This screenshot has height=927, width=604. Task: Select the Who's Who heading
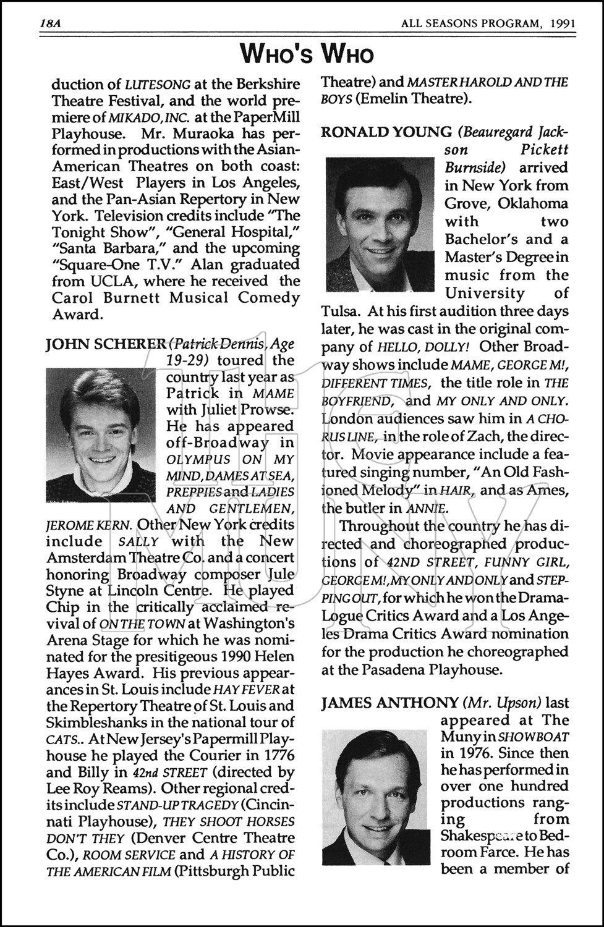(x=307, y=54)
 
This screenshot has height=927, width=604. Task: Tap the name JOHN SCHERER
(x=106, y=345)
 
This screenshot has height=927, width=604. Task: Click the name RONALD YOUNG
(x=386, y=132)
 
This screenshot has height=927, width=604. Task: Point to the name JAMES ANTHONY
(x=389, y=703)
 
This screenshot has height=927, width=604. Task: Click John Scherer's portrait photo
(x=101, y=435)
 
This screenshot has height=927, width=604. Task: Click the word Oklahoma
(x=529, y=203)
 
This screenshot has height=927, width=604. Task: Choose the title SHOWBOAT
(x=534, y=737)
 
